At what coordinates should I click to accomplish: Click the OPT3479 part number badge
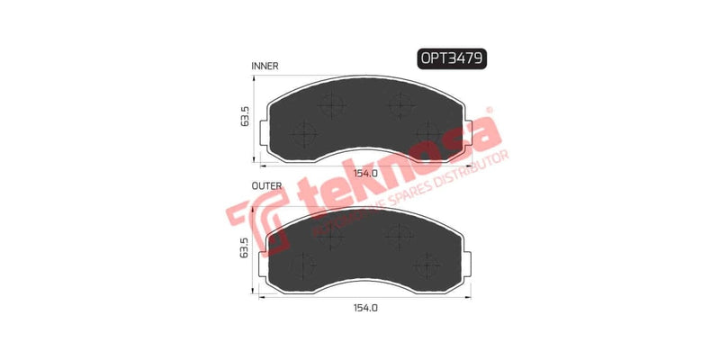[453, 58]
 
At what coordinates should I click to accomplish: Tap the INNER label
[265, 66]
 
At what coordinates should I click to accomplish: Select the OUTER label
[266, 186]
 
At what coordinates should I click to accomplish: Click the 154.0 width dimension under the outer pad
[364, 308]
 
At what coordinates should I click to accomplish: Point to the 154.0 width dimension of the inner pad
[364, 174]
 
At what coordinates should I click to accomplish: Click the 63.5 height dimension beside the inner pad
[244, 117]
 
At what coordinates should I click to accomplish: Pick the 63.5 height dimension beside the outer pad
[243, 247]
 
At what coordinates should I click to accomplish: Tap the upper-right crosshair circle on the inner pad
[397, 105]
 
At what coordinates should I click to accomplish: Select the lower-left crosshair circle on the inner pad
[303, 135]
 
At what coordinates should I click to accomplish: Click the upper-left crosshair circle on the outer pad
[332, 235]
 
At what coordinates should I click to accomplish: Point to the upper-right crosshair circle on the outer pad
[397, 235]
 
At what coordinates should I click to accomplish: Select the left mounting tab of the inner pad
[262, 135]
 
